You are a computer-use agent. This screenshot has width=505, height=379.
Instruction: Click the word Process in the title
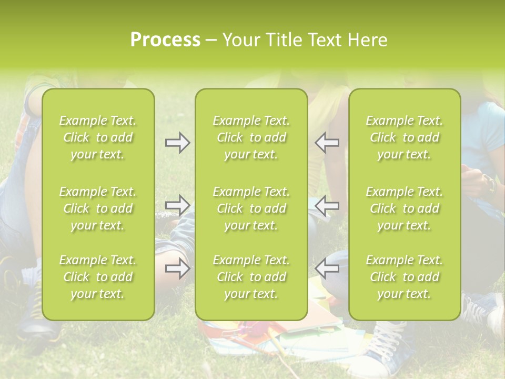(x=165, y=40)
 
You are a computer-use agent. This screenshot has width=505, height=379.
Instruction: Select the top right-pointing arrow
(x=178, y=143)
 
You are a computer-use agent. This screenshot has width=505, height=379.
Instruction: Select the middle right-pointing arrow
(x=178, y=205)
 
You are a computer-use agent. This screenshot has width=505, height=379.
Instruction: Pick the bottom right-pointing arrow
(x=178, y=268)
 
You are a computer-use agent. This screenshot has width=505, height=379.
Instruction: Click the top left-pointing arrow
(x=327, y=143)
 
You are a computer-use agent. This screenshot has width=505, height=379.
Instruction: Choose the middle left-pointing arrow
(x=327, y=205)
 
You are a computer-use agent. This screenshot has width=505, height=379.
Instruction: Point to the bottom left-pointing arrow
(x=327, y=268)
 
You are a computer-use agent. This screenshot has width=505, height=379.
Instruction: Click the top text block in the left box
(x=98, y=137)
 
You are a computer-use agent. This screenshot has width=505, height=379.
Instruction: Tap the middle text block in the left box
(x=98, y=208)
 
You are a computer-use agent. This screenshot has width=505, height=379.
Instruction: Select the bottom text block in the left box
(x=98, y=277)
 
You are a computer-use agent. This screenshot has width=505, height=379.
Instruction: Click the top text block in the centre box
(x=251, y=137)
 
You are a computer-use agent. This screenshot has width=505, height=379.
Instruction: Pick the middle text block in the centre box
(x=251, y=208)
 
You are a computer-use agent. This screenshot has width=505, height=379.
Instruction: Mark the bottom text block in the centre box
(x=251, y=277)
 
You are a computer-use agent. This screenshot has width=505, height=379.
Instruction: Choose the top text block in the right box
(x=405, y=137)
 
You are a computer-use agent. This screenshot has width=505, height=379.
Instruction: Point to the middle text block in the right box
(x=405, y=208)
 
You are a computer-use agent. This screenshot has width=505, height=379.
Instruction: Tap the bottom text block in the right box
(x=405, y=277)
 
